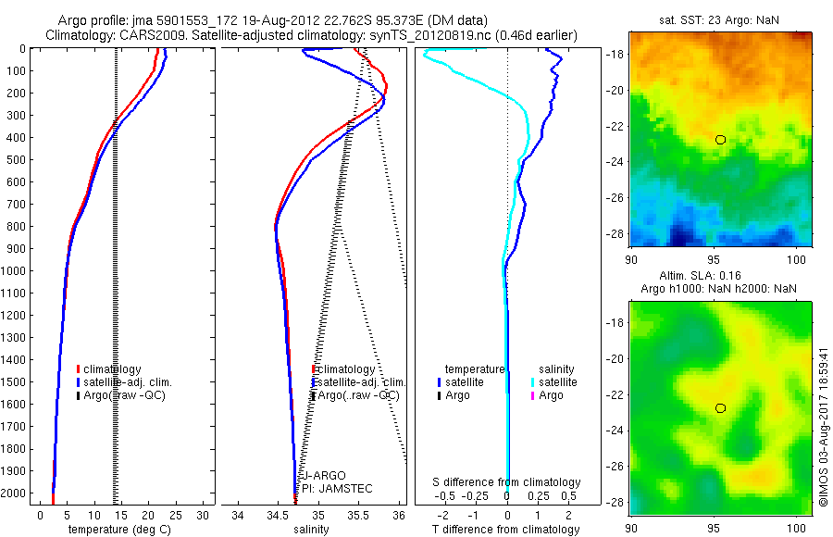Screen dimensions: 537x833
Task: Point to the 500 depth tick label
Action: (17, 159)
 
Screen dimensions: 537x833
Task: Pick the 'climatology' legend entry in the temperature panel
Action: (112, 369)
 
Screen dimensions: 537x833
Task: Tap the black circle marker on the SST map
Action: (720, 140)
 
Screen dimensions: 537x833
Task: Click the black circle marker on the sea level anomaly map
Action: (720, 408)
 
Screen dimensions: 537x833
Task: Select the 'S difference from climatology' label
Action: (507, 482)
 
